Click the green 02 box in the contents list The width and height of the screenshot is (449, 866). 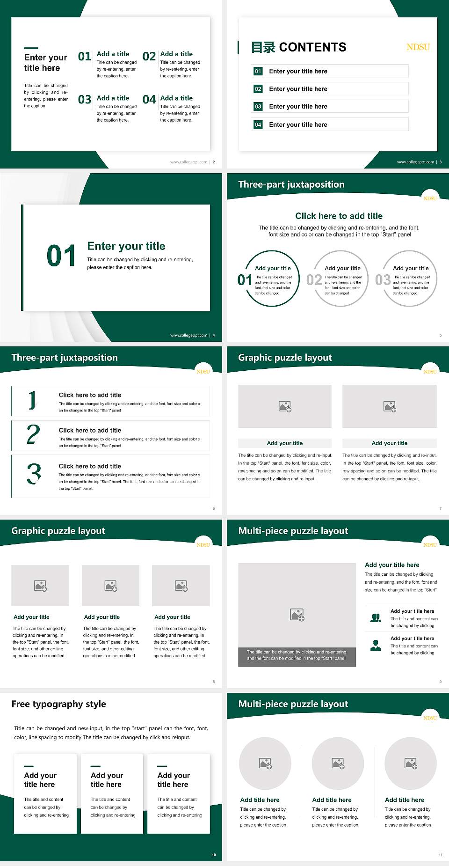[258, 89]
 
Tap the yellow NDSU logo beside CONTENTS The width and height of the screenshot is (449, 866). [418, 47]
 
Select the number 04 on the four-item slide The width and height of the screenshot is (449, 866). [149, 100]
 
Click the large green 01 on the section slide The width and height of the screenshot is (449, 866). [61, 256]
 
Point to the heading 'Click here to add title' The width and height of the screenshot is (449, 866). [339, 216]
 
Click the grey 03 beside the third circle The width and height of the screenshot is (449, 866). [383, 280]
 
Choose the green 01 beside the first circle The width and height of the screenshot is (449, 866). [245, 280]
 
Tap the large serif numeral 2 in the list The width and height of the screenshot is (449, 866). [33, 434]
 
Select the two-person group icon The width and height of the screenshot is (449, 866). [376, 618]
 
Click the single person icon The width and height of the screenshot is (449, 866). [376, 646]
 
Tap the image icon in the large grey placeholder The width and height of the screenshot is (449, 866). [297, 615]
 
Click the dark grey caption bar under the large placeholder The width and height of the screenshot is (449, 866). [297, 657]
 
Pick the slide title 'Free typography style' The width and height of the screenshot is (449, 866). [59, 704]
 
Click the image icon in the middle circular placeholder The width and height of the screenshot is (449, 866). [338, 763]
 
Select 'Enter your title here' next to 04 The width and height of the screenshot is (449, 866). [298, 125]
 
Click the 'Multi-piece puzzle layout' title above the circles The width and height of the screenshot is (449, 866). [293, 704]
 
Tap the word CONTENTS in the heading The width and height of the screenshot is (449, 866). [312, 47]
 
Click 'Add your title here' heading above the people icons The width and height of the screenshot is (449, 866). [392, 565]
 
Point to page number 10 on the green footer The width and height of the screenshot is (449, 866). [214, 855]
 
